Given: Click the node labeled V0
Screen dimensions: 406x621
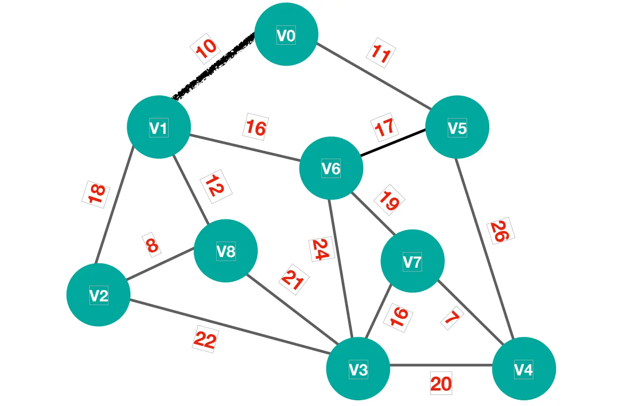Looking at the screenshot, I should pos(286,35).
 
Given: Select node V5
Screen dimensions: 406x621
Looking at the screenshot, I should pos(457,127).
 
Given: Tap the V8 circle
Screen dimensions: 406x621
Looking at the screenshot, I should pos(226,251).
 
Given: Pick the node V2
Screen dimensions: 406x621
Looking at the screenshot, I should pos(98,295).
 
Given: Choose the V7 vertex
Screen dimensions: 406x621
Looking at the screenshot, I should pos(413,261).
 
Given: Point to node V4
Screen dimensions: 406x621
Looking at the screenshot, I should pos(524,369).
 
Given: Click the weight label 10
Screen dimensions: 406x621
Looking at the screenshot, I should pos(206,48).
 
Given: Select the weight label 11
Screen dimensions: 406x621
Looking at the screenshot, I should pos(381,54).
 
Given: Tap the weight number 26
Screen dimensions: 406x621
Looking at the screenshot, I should pos(501,231).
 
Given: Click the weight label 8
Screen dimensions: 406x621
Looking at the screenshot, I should pos(152,245).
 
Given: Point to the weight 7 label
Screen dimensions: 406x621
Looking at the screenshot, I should pos(452,318).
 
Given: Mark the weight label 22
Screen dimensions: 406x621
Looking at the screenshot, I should pos(205,340).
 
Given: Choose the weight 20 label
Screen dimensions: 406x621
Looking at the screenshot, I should pos(441,383).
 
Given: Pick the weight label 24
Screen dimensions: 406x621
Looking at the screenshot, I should pos(320,249).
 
